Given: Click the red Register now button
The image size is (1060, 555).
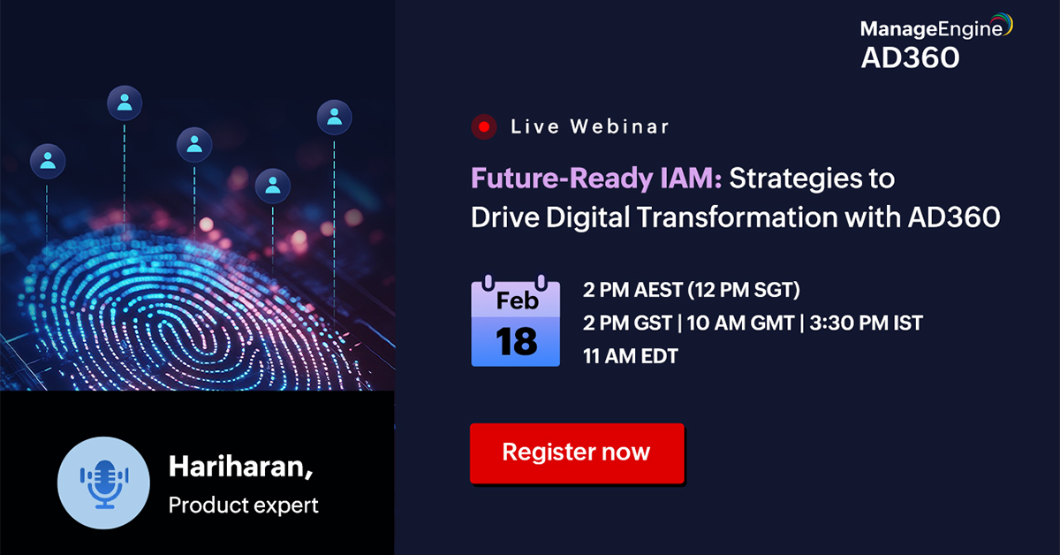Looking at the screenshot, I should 577,453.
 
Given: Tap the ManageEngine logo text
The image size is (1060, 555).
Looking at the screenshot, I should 931,29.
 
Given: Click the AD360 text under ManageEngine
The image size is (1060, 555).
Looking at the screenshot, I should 910,58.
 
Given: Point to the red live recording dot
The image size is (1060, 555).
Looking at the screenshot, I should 483,126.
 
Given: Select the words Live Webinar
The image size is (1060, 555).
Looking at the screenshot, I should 590,126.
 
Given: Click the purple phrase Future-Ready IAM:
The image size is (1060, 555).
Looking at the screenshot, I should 597,179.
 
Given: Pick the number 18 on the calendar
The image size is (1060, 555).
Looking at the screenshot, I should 517,340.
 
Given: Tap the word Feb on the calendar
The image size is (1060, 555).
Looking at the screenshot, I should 517,300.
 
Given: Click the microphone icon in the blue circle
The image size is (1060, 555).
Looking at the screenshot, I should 103,482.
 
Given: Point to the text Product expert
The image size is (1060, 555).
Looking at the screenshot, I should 243,506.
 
